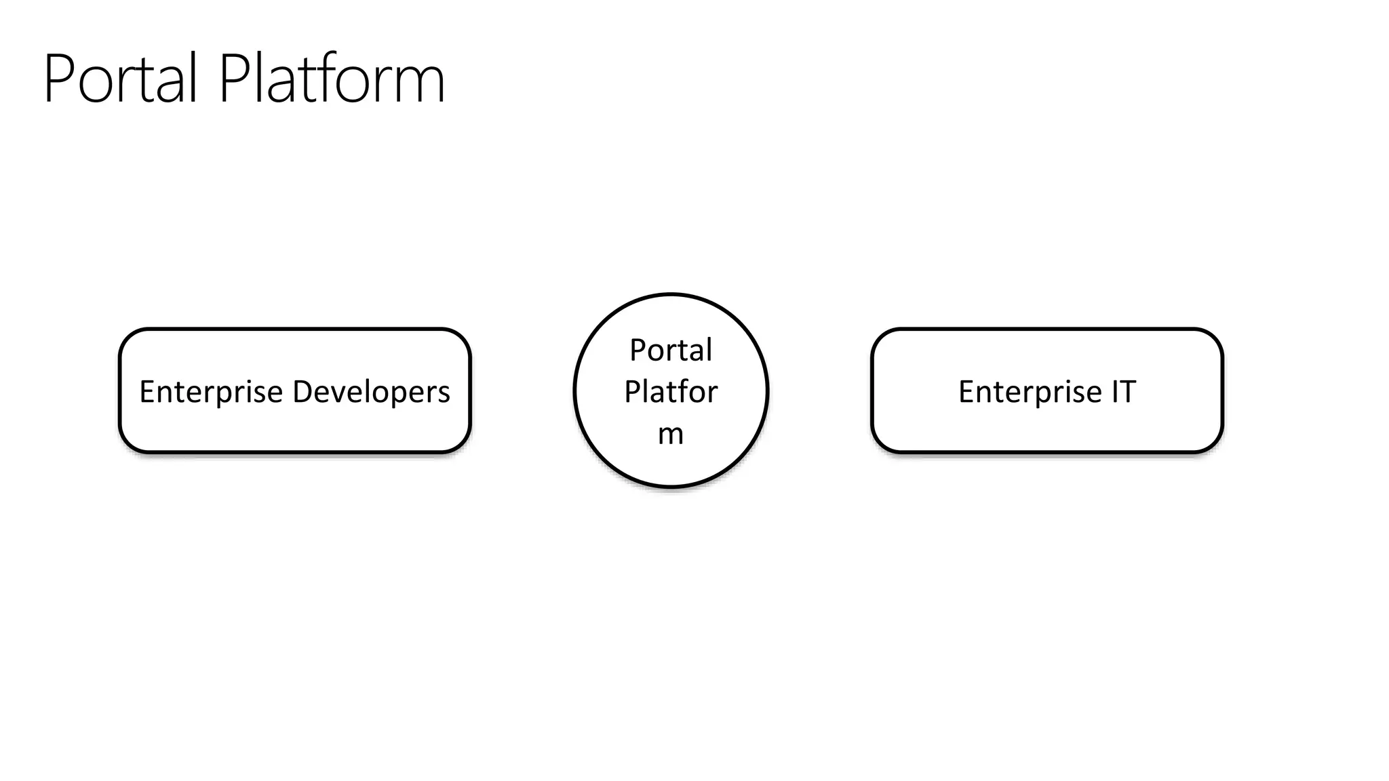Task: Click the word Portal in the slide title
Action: tap(121, 79)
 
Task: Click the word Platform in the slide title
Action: tap(331, 79)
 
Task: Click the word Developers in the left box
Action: tap(371, 393)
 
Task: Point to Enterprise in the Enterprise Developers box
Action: tap(210, 393)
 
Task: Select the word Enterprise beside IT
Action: tap(1030, 393)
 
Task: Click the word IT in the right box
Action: tap(1123, 392)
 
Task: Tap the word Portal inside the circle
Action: tap(670, 351)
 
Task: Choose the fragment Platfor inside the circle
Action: tap(670, 392)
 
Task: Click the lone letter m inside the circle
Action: tap(670, 435)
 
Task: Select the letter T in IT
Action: tap(1128, 392)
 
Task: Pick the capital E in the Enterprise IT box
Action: tap(966, 392)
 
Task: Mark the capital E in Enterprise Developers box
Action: tap(146, 392)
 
